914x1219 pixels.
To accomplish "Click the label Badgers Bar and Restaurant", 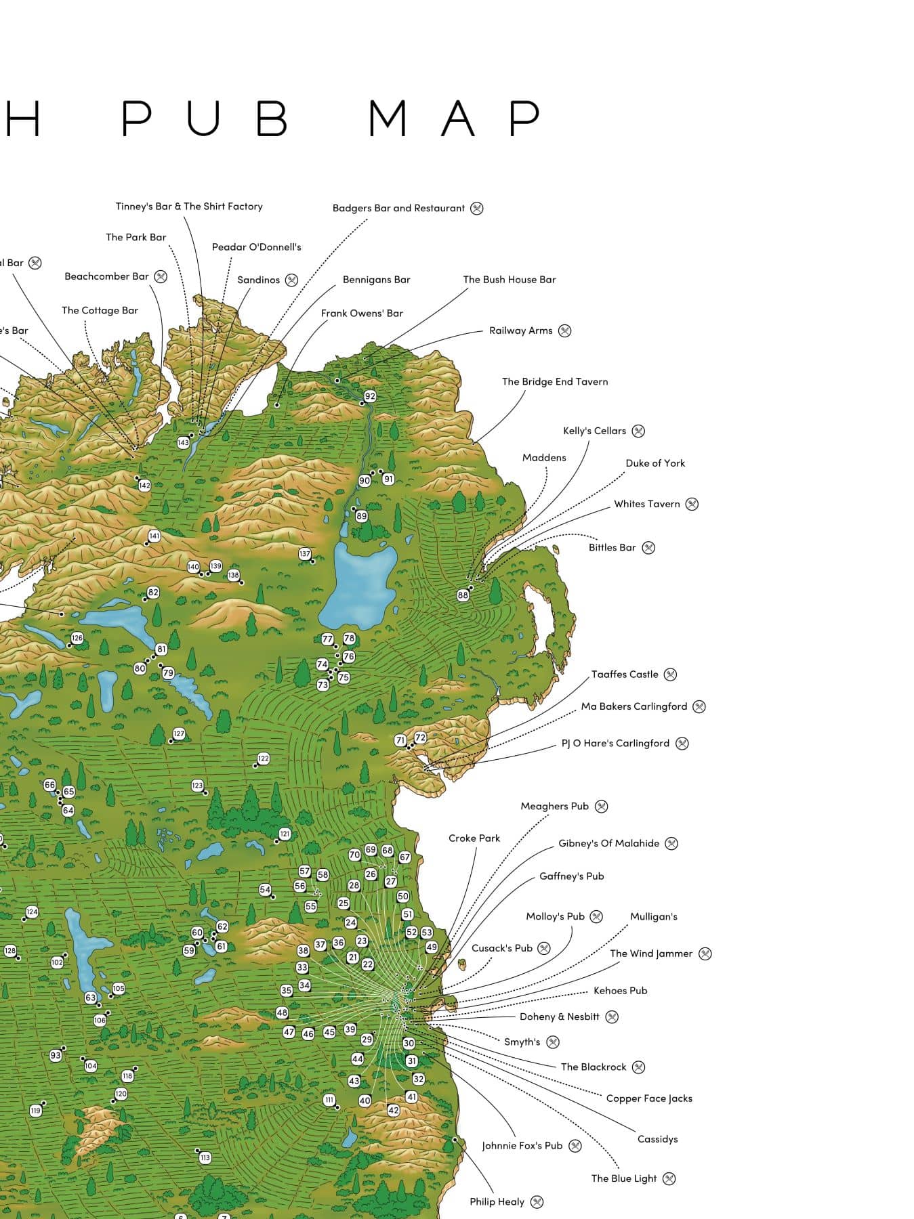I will coord(398,208).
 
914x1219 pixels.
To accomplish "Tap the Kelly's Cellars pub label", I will coord(594,431).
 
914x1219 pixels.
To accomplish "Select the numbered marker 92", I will coord(370,396).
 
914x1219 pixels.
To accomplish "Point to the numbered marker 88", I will coord(463,595).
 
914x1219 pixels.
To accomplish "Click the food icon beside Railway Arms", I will coord(564,330).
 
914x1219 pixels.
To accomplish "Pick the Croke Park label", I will coord(474,838).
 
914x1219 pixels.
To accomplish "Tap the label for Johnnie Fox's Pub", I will coord(522,1146).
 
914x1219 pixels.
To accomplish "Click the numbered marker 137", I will coord(305,554).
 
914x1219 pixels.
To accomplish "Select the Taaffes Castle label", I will coord(625,674).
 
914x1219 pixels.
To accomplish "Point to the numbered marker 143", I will coord(183,442).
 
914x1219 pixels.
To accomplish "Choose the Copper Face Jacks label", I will coord(649,1098).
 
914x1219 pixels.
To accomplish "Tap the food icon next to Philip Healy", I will coord(537,1202).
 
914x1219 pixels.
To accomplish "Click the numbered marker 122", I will coord(264,758).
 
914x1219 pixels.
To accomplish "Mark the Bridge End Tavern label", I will coord(555,381).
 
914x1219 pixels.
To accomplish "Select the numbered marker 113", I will coord(205,1157).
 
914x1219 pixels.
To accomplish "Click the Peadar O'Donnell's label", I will coord(256,247).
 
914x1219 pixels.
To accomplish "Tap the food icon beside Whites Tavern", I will coord(692,504).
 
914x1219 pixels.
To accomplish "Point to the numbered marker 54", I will coord(265,889).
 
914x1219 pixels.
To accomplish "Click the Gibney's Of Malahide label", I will coord(608,843).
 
